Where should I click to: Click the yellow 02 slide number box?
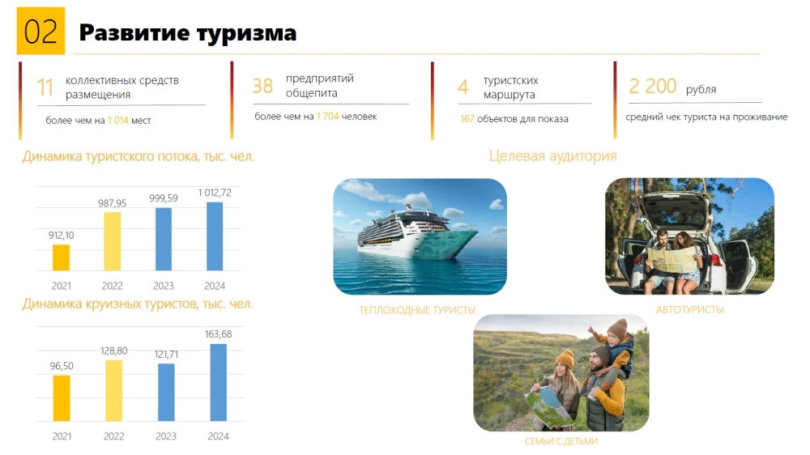click(40, 31)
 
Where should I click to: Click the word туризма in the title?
click(247, 33)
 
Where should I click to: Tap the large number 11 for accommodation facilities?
click(45, 87)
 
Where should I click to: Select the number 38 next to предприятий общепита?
click(262, 86)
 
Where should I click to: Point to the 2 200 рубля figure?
click(672, 87)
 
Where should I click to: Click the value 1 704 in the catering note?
click(327, 117)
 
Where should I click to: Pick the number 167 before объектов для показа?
click(467, 119)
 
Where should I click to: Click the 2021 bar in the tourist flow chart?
click(61, 257)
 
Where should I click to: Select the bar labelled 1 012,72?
click(215, 236)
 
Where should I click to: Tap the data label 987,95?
click(112, 203)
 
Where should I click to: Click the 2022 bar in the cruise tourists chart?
click(113, 390)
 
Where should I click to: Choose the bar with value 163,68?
click(218, 382)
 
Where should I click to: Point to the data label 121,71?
click(166, 355)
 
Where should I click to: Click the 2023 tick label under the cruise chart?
click(166, 436)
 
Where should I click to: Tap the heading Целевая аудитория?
click(552, 156)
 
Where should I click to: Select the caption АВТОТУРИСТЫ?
click(689, 310)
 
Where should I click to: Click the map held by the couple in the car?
click(672, 259)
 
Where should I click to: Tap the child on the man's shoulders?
click(613, 351)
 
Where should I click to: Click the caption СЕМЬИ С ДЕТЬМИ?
click(561, 441)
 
